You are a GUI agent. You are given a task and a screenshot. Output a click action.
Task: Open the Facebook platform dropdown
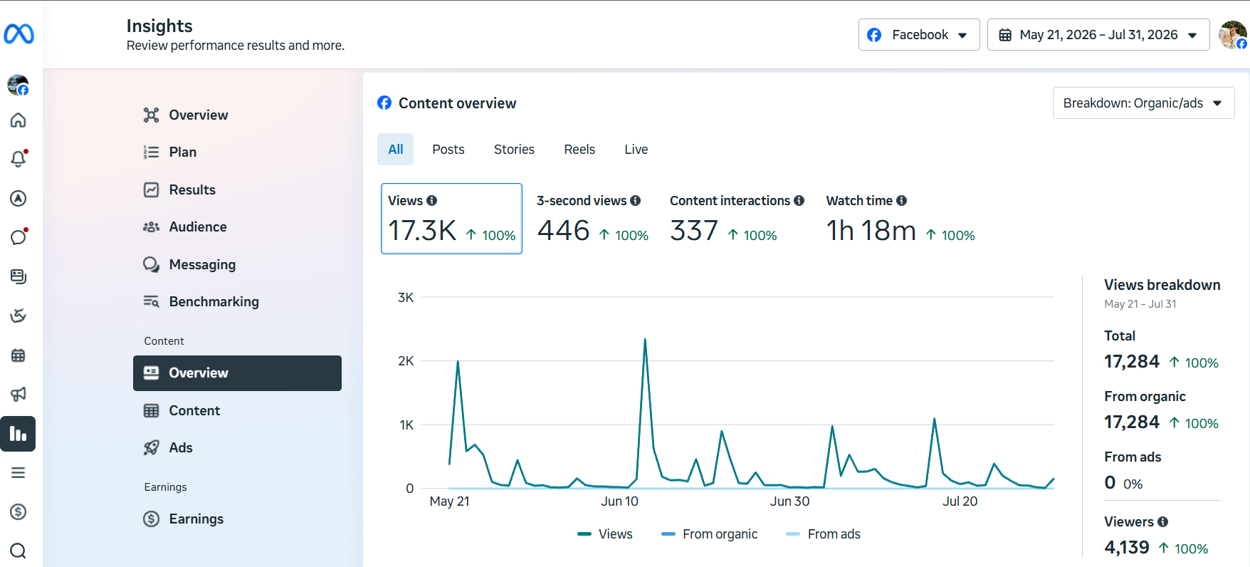click(919, 35)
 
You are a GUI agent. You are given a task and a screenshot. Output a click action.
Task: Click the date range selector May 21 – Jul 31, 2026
click(1098, 35)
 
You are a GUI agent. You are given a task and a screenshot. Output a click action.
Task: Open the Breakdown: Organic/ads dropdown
click(1143, 103)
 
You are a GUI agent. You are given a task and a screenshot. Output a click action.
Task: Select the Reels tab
click(579, 150)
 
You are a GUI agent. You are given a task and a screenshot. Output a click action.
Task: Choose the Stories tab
click(514, 150)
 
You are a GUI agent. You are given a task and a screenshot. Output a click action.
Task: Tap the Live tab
click(636, 150)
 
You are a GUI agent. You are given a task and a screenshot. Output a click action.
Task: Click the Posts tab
click(448, 150)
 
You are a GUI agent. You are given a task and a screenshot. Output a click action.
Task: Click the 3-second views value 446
click(564, 231)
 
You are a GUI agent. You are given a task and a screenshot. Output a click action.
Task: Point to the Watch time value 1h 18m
click(871, 231)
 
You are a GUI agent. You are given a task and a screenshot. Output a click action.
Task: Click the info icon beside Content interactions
click(799, 201)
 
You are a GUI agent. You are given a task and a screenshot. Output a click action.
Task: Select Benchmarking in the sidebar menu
click(214, 301)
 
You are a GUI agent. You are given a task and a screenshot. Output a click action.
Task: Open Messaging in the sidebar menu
click(202, 264)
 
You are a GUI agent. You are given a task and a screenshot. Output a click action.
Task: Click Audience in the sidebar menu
click(198, 227)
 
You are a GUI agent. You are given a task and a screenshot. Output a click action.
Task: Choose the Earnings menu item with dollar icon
click(196, 519)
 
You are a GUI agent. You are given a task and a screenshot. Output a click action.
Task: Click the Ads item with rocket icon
click(181, 447)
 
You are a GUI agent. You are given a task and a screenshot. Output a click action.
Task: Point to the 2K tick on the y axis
click(406, 361)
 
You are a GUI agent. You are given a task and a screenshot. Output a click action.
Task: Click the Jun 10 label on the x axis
click(619, 501)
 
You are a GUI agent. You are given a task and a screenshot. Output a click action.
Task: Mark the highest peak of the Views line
click(645, 339)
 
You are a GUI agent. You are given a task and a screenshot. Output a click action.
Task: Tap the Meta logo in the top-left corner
click(19, 33)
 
